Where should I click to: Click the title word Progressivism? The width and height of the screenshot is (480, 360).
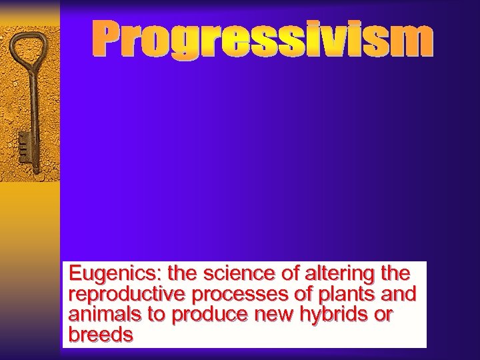click(x=262, y=39)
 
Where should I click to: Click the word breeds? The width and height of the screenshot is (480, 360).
click(x=100, y=334)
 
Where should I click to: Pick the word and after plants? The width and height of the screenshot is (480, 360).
click(x=399, y=294)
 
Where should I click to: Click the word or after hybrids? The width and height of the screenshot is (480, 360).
click(x=383, y=314)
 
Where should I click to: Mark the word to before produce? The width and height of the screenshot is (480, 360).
click(x=157, y=314)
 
